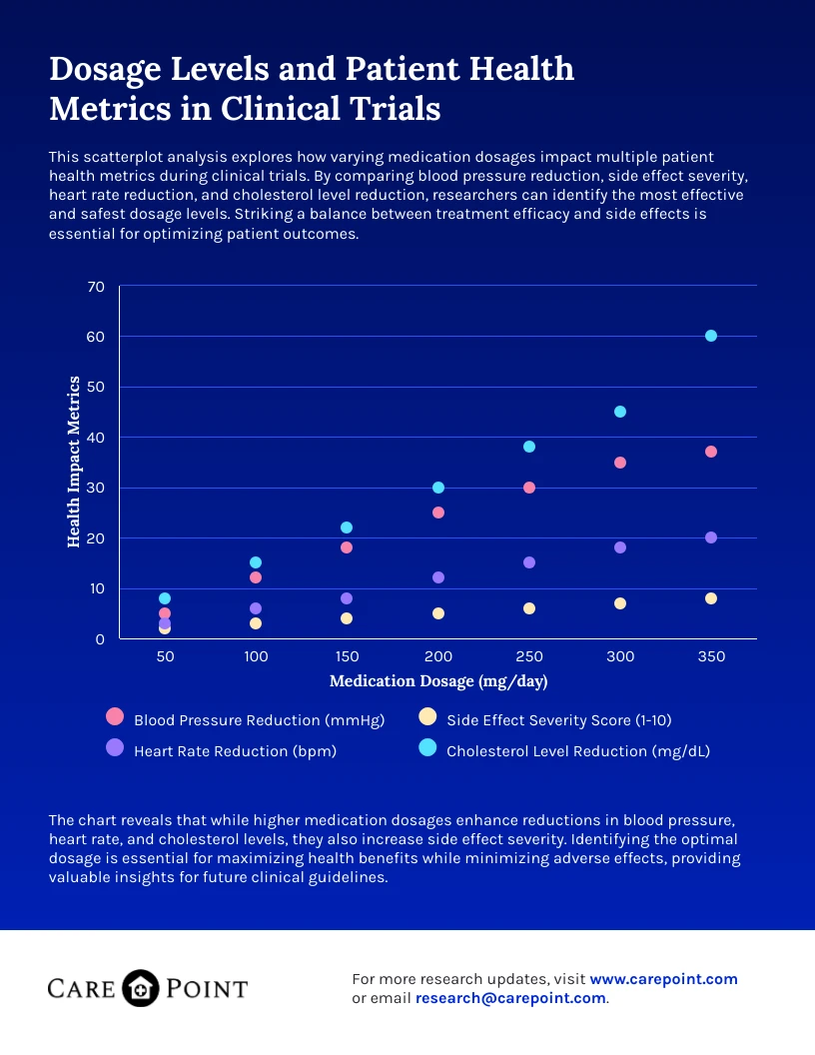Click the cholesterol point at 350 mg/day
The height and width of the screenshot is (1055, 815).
tap(711, 336)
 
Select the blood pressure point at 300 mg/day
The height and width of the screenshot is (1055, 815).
tap(620, 463)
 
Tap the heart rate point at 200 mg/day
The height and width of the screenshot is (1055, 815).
tap(438, 577)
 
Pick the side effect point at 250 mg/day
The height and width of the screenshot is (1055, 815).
tap(529, 608)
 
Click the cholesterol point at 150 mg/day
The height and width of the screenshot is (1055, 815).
tap(347, 527)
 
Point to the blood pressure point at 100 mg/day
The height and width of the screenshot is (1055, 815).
tap(256, 577)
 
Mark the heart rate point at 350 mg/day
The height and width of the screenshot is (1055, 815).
tap(711, 537)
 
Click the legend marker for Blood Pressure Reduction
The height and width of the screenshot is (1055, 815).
tap(115, 716)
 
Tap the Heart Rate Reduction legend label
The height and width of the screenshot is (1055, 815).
tap(235, 751)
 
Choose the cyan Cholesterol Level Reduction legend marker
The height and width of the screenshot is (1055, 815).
tap(427, 747)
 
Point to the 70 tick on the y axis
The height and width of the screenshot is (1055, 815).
tap(96, 287)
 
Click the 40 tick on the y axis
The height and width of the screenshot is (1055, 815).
tap(96, 438)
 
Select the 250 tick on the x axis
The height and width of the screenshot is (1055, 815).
tap(529, 657)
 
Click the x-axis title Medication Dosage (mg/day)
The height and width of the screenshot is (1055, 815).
tap(438, 681)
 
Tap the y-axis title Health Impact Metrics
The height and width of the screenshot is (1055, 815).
tap(74, 462)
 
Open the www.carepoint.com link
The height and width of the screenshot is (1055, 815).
tap(663, 979)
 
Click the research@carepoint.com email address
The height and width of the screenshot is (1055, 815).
tap(510, 997)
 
